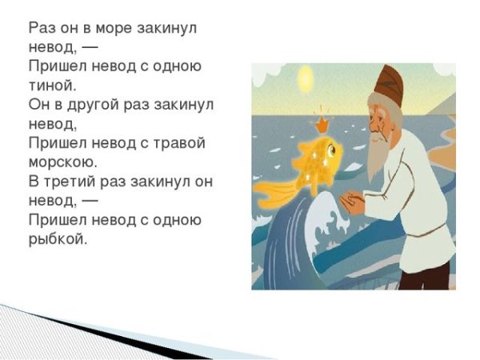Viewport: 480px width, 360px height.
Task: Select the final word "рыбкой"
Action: click(x=56, y=239)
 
